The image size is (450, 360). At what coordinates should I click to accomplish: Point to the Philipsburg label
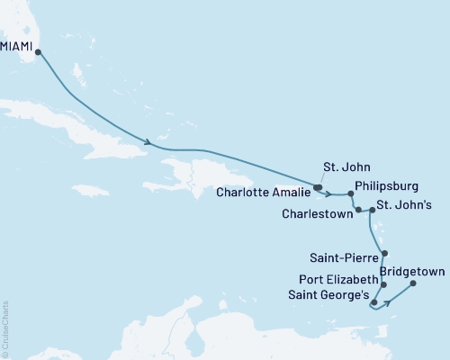click(x=387, y=186)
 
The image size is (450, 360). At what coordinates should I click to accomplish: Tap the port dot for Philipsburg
click(x=351, y=193)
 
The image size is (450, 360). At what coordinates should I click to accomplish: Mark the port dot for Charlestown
click(x=359, y=210)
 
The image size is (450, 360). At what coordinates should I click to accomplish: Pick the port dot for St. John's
click(x=370, y=211)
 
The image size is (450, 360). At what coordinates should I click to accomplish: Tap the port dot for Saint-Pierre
click(x=384, y=253)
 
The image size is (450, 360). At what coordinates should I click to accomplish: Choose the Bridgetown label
click(x=411, y=269)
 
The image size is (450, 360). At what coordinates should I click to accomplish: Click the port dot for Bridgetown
click(x=413, y=284)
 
